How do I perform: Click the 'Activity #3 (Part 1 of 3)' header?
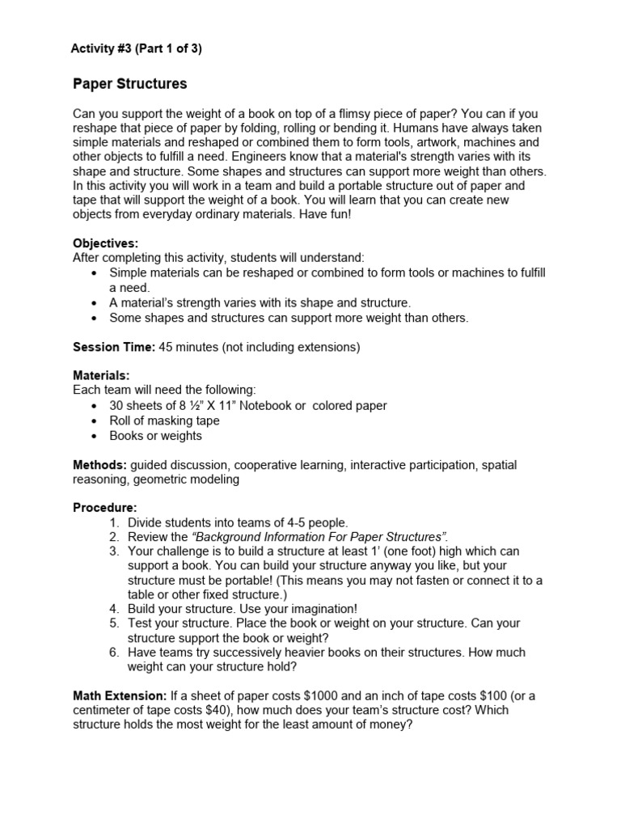(137, 49)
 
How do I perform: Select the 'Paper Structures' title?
(129, 84)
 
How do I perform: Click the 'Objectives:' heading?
(105, 243)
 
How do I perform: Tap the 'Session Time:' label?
(113, 348)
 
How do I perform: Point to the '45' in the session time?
(166, 348)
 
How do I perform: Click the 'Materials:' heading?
(101, 376)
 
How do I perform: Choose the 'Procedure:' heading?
(104, 507)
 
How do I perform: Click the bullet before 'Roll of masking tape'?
(96, 421)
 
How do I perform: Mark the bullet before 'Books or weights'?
(96, 437)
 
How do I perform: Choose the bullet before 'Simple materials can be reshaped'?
(96, 273)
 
